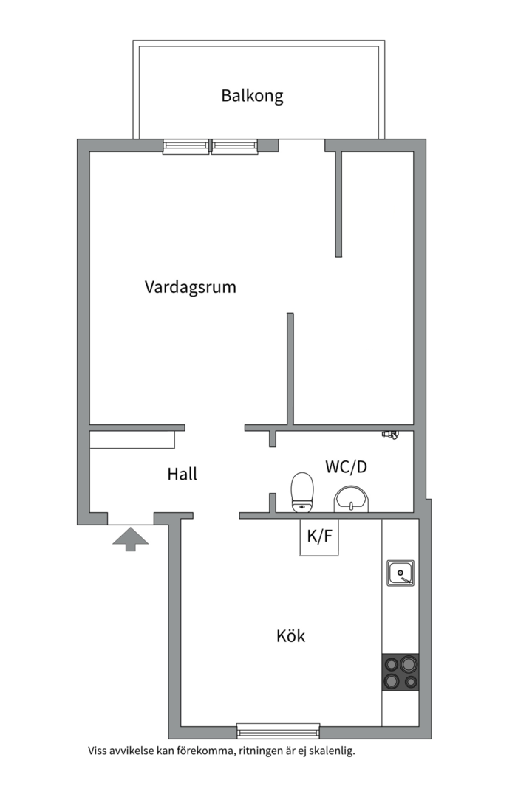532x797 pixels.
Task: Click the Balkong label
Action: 252,96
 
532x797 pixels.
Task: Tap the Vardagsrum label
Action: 191,286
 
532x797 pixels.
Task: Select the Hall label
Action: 183,474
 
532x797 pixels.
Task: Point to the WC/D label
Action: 347,466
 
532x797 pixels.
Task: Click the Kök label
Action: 290,636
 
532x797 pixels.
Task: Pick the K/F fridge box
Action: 319,536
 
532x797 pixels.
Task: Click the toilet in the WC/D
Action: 302,492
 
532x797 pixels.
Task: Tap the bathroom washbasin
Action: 351,498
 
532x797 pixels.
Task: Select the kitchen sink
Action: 400,573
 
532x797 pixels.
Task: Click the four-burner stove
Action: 400,672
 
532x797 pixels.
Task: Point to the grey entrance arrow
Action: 130,539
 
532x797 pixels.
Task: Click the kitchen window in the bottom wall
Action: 278,731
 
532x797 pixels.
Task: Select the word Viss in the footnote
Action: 98,751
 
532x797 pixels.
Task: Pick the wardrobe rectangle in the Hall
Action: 132,440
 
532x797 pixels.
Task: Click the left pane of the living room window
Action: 185,146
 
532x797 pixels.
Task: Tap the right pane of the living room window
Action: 235,146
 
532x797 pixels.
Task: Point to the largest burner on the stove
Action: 408,664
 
